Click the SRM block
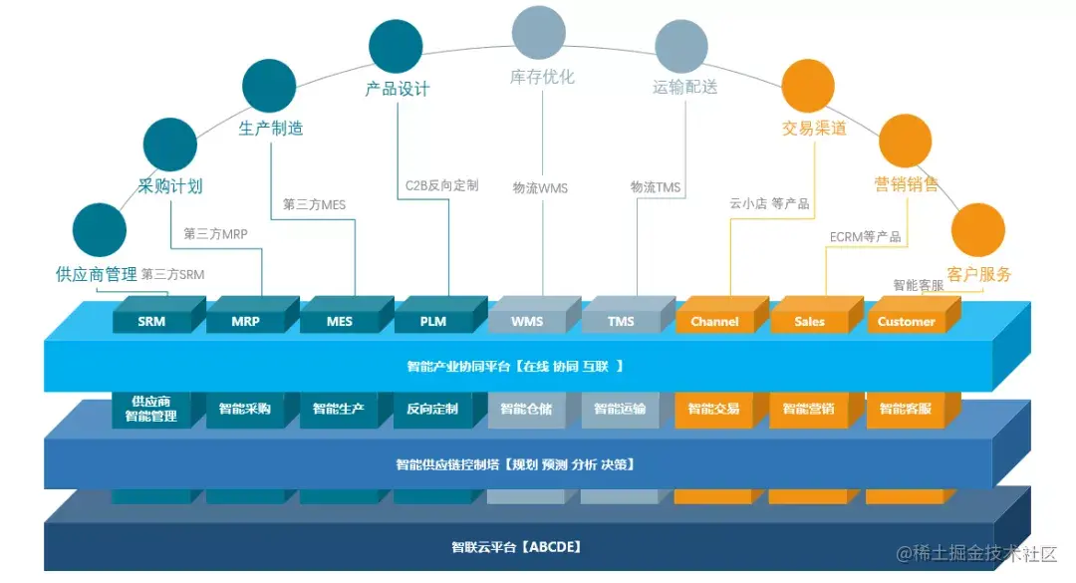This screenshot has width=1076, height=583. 152,322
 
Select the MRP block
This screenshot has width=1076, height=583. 245,322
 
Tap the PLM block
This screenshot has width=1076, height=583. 433,322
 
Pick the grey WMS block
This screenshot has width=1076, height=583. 527,322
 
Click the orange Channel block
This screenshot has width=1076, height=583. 714,322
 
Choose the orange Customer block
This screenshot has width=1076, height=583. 906,322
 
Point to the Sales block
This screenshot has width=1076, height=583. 809,322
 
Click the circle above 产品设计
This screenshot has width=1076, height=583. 396,46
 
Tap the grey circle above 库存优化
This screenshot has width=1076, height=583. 538,32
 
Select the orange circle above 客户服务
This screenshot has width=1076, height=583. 978,230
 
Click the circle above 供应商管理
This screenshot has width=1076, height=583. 100,230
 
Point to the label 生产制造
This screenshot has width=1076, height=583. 271,128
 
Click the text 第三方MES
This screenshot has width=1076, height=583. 314,204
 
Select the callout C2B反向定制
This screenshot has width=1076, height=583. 441,185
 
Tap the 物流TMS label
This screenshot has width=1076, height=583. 656,187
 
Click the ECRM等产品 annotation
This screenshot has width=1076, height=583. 865,236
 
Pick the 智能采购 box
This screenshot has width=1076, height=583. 245,409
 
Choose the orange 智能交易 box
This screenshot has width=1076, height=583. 714,409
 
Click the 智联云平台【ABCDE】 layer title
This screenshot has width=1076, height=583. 516,547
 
